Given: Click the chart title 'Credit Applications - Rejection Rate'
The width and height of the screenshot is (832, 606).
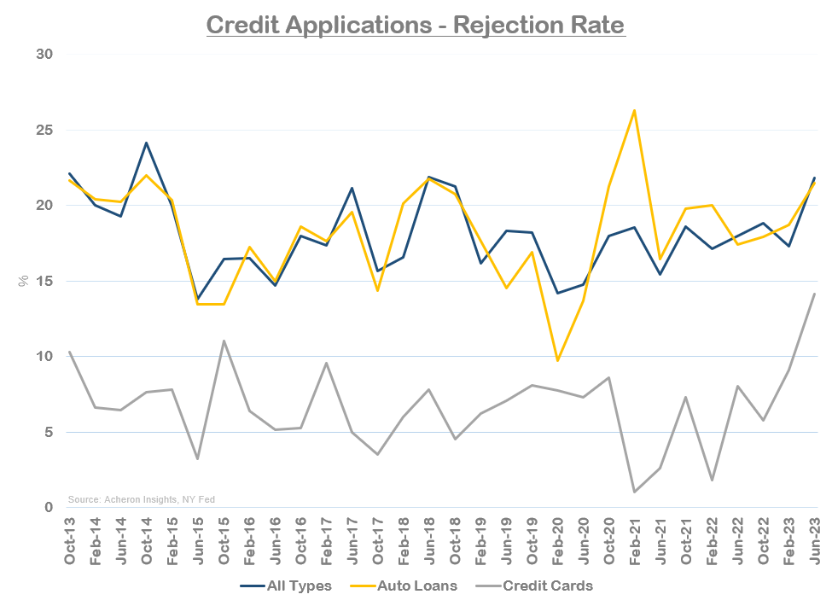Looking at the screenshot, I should tap(416, 24).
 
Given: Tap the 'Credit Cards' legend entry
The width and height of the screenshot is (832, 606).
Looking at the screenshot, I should tap(547, 586).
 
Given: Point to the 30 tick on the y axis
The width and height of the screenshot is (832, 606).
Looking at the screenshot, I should tap(44, 55).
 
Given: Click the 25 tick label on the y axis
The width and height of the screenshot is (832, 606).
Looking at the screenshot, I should tap(44, 131).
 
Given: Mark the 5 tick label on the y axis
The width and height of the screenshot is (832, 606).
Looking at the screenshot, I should tap(48, 432).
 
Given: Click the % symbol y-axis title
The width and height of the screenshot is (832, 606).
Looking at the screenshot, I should tap(24, 281).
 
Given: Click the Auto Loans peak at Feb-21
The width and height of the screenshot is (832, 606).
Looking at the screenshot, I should tap(634, 110).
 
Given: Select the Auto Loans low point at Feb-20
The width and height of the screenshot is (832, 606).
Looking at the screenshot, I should tap(557, 361).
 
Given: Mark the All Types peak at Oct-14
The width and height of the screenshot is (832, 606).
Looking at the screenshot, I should tap(146, 143).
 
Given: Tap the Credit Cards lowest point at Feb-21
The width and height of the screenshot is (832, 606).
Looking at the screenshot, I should tap(634, 492).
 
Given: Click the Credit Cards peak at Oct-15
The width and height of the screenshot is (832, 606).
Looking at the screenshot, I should tap(224, 341).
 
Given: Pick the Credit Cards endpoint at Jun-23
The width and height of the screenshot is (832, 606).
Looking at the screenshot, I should tap(814, 294).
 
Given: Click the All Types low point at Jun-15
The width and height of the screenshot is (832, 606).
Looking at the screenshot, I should tap(198, 300).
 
